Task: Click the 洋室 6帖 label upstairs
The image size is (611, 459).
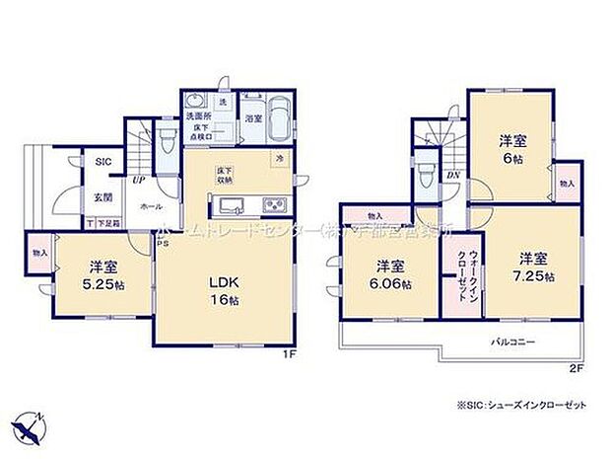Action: click(508, 149)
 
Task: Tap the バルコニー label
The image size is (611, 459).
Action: click(513, 342)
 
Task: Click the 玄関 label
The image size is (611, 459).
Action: click(102, 196)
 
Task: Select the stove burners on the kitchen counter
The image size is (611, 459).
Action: click(272, 205)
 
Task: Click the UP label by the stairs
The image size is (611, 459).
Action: click(139, 181)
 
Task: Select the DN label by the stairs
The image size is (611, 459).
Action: click(452, 176)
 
